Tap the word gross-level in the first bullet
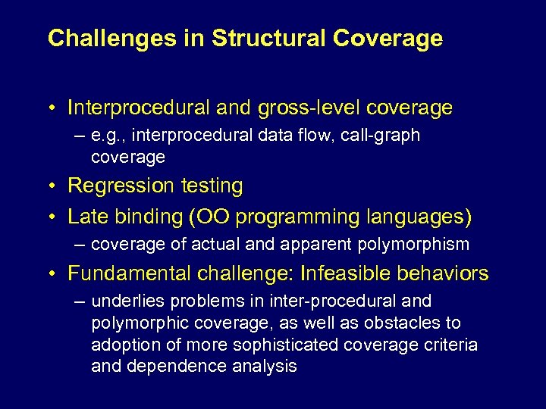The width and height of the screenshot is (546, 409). point(298,108)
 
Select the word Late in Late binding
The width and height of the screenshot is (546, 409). point(86,217)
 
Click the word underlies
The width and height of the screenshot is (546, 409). point(124,301)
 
